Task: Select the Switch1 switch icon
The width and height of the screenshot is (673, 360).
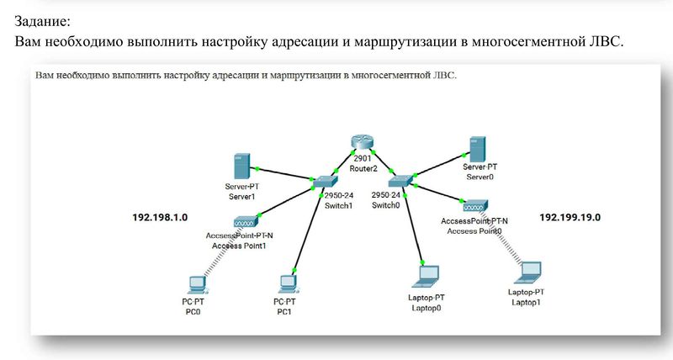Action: tap(324, 181)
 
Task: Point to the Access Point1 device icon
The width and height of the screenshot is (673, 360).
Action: tap(247, 221)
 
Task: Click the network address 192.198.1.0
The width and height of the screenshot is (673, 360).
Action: tap(160, 217)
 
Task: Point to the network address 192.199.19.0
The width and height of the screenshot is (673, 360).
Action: tap(575, 217)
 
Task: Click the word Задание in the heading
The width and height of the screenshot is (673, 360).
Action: tap(42, 19)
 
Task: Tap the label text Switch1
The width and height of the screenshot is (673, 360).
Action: tap(337, 204)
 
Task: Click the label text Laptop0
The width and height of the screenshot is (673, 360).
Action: tap(427, 308)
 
